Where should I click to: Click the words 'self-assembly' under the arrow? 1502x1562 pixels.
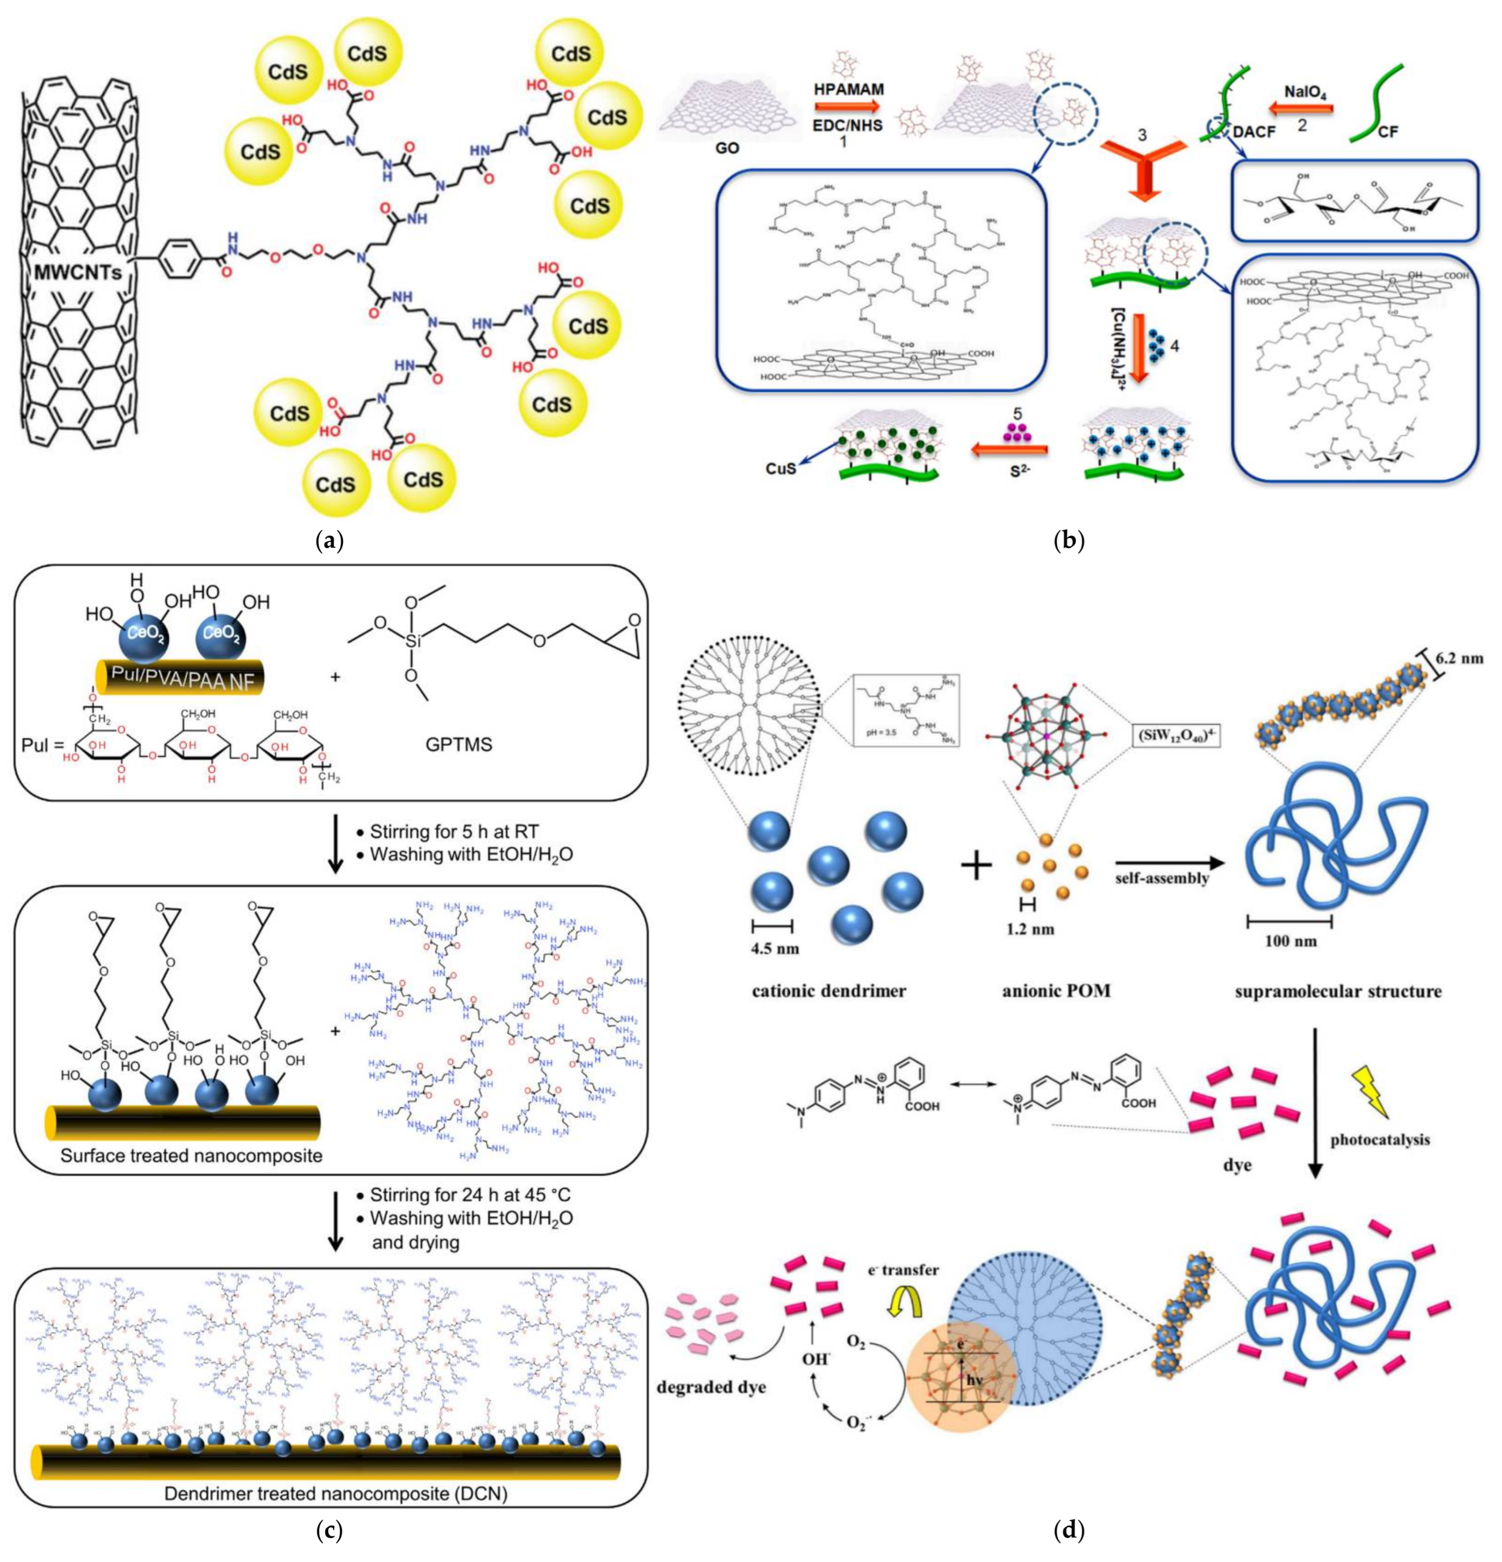point(1162,878)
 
